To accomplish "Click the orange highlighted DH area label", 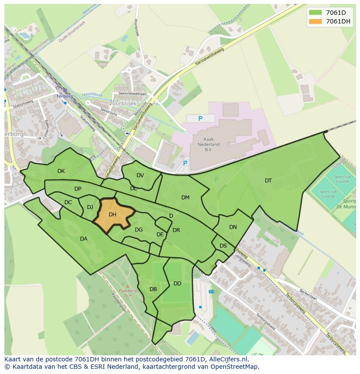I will [x=113, y=215].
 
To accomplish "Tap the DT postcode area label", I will [x=268, y=181].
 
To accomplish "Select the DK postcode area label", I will [x=61, y=171].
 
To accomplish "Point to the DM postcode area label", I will [x=185, y=198].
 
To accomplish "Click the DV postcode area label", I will [x=140, y=175].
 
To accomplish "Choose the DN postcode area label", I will [x=233, y=227].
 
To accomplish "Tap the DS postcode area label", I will [x=223, y=246].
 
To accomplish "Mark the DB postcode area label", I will [x=153, y=289].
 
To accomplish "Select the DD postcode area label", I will [x=177, y=284].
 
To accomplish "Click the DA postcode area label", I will [x=83, y=239].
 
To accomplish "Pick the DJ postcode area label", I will [x=90, y=207].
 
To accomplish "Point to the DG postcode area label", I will [x=139, y=230].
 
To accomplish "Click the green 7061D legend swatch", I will [x=316, y=13].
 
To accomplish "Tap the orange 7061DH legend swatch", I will [x=316, y=21].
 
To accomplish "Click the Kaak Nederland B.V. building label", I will [x=207, y=144].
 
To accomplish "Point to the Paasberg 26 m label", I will [x=127, y=293].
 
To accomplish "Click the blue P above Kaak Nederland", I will [x=200, y=119].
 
